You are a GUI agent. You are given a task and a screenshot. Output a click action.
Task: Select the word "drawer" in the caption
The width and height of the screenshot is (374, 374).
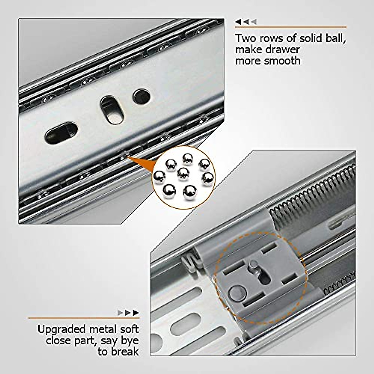click(283, 49)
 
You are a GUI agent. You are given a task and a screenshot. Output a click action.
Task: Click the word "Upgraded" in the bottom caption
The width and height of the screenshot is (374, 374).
click(61, 330)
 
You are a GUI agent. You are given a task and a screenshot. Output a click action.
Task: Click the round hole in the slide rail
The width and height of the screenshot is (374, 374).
click(141, 96)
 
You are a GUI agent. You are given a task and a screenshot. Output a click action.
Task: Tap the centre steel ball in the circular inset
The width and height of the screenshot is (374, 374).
click(183, 174)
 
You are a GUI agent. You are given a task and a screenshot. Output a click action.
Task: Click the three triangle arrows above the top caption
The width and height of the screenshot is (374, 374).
click(246, 22)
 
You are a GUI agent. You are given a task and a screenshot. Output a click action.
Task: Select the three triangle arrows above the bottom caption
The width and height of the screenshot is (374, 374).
click(128, 313)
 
